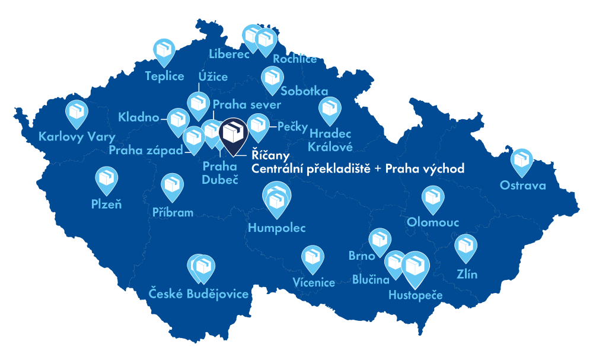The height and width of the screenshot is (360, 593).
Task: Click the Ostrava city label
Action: point(522,186)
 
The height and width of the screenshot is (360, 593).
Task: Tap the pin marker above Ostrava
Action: point(522,160)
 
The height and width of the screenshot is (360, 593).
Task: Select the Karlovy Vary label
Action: point(76,137)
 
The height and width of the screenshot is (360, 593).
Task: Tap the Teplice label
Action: point(164,76)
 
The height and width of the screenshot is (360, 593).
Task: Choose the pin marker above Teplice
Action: point(164,50)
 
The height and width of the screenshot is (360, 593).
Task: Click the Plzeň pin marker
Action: point(107,179)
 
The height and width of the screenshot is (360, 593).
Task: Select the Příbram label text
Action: point(173,212)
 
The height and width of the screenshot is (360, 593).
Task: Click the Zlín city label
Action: point(466,275)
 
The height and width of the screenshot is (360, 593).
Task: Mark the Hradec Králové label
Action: point(331,140)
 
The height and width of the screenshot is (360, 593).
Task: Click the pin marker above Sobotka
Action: point(272,78)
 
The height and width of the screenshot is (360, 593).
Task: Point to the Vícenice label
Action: point(314,283)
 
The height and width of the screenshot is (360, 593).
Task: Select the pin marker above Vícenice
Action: point(313,257)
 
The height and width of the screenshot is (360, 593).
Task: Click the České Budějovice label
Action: point(198,294)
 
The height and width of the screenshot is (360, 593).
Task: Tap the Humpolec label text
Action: point(277,228)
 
